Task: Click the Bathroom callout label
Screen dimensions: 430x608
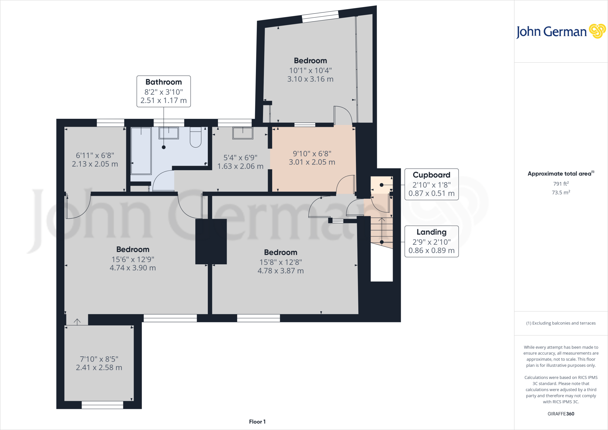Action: [164, 82]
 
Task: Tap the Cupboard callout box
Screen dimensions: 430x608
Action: [431, 184]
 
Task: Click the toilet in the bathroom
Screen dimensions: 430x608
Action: [196, 137]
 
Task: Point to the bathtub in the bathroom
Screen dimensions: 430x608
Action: [141, 151]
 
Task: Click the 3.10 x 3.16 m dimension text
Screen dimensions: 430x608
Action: [310, 79]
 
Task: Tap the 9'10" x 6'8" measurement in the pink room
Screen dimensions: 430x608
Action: [312, 154]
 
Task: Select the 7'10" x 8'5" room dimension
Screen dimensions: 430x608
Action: [99, 359]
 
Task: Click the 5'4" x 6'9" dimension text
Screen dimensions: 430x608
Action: [240, 158]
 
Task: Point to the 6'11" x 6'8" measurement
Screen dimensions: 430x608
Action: [95, 155]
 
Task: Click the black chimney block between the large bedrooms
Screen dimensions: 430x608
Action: [211, 241]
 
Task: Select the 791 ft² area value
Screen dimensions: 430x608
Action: [561, 184]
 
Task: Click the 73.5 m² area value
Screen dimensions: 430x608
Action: [561, 192]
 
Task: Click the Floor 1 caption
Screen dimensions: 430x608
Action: [257, 422]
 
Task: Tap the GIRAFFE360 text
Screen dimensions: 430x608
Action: [561, 414]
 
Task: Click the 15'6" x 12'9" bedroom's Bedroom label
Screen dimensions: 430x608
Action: [133, 249]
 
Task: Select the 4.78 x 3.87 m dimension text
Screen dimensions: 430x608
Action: [281, 271]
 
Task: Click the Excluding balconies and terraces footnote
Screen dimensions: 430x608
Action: [561, 323]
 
